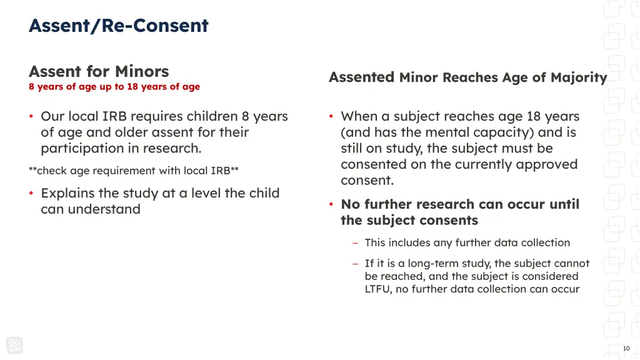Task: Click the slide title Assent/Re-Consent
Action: (x=118, y=26)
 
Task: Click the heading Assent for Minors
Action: (x=99, y=71)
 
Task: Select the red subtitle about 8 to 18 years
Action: (x=114, y=87)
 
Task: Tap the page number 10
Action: (x=626, y=348)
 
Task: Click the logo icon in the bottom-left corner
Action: (x=14, y=345)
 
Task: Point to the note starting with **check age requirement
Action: (x=134, y=171)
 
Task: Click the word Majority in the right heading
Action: (x=579, y=77)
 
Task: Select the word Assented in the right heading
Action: (x=361, y=77)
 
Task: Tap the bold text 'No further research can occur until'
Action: (x=459, y=204)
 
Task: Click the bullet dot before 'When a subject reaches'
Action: (x=331, y=117)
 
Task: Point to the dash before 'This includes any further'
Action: (x=355, y=243)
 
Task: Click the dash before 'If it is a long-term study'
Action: (x=355, y=264)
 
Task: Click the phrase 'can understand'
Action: (x=90, y=209)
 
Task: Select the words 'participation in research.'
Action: (x=121, y=148)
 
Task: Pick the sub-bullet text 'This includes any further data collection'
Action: (x=467, y=242)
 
